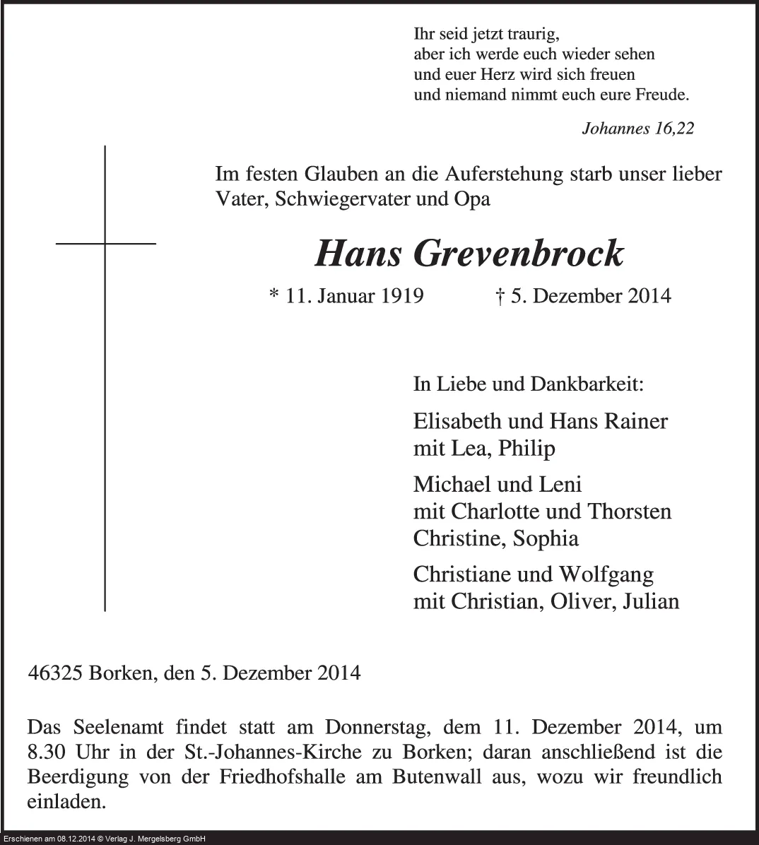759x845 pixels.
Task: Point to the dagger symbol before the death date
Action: pyautogui.click(x=500, y=296)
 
